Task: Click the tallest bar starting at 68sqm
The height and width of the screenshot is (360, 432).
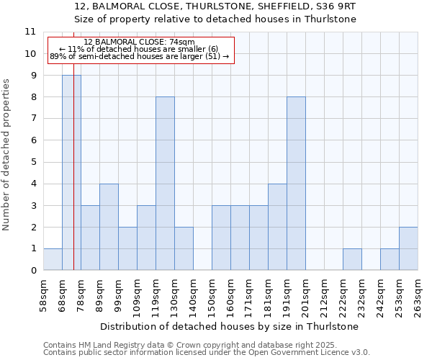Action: coord(71,173)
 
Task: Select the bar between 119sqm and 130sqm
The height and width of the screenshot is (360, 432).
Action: coord(165,184)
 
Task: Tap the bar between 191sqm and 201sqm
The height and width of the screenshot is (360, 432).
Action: coord(296,184)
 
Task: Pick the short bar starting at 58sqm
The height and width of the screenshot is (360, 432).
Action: coord(53,259)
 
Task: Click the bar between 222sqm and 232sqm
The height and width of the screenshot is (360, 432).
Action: coord(352,259)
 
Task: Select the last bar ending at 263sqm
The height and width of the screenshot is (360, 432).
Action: coord(408,248)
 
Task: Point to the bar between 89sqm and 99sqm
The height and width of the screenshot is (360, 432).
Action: coord(109,227)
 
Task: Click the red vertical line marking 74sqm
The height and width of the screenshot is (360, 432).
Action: coord(73,180)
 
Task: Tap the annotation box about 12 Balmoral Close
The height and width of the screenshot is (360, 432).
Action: coord(141,50)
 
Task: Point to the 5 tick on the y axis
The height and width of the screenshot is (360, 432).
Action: coord(32,162)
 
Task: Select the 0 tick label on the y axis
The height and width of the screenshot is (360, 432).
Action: coord(32,271)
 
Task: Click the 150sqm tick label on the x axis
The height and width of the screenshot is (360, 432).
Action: coord(212,295)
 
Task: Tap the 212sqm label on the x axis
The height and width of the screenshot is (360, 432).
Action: coord(324,295)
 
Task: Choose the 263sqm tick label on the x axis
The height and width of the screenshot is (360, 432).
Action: coord(418,295)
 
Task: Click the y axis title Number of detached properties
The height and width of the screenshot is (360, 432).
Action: coord(7,155)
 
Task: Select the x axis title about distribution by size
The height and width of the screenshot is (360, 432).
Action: coord(230,326)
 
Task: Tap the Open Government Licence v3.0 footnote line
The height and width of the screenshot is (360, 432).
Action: coord(207,353)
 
